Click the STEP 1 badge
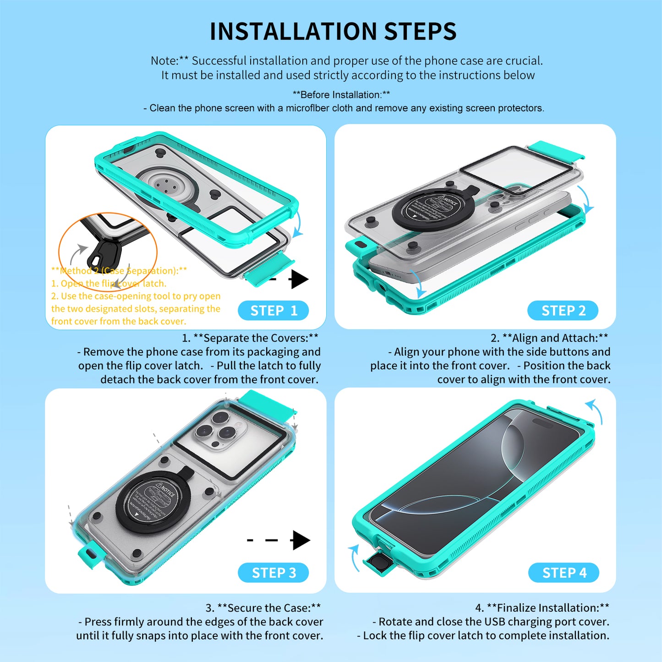(x=274, y=311)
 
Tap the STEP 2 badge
(x=563, y=311)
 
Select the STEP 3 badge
(x=274, y=573)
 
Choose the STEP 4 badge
(x=564, y=573)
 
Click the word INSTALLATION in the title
(x=293, y=32)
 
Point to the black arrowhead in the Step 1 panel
(x=300, y=279)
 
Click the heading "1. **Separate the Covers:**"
(x=250, y=338)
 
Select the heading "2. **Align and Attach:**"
(x=549, y=338)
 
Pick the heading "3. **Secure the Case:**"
(x=263, y=608)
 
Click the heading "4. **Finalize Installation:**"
(x=542, y=608)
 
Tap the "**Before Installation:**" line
(x=341, y=95)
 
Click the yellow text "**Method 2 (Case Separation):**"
(x=119, y=271)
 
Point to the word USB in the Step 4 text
(x=495, y=622)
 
